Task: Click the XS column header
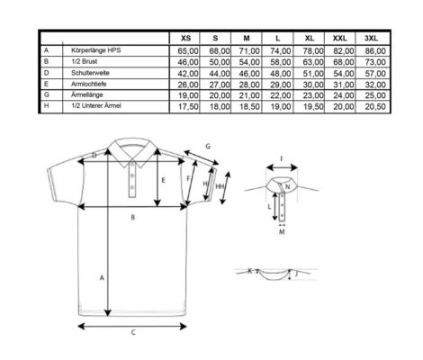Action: pyautogui.click(x=185, y=38)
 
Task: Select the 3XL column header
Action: pyautogui.click(x=371, y=38)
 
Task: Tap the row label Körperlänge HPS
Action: pyautogui.click(x=96, y=50)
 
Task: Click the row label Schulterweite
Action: pyautogui.click(x=90, y=73)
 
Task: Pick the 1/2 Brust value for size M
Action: pyautogui.click(x=249, y=62)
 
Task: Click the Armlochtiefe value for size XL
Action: pyautogui.click(x=313, y=85)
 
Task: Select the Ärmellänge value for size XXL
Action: pyautogui.click(x=344, y=95)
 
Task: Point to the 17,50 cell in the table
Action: pyautogui.click(x=188, y=107)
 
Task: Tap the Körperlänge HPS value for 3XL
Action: pyautogui.click(x=375, y=50)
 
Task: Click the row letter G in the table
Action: pyautogui.click(x=46, y=94)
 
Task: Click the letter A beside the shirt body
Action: pyautogui.click(x=102, y=278)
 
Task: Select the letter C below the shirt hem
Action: pyautogui.click(x=133, y=332)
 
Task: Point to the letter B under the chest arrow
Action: pyautogui.click(x=133, y=217)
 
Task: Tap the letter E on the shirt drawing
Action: pyautogui.click(x=163, y=180)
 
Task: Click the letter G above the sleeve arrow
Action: pyautogui.click(x=208, y=147)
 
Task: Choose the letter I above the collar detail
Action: pyautogui.click(x=281, y=158)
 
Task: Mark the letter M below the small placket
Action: pyautogui.click(x=282, y=232)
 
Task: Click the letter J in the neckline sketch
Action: pyautogui.click(x=296, y=274)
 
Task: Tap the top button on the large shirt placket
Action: pyautogui.click(x=132, y=163)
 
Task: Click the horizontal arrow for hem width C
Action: pyautogui.click(x=132, y=326)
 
